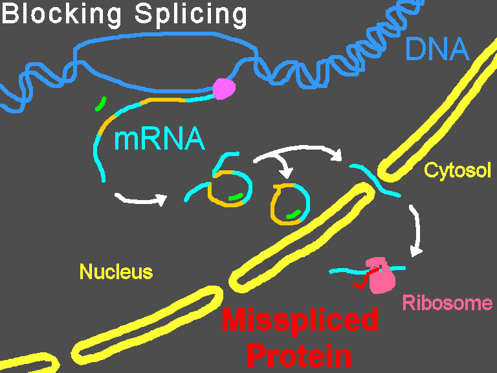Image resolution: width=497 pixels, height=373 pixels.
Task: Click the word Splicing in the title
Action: click(191, 15)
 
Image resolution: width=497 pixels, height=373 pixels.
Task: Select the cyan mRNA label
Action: click(159, 139)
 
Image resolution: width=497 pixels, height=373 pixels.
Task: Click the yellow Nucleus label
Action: click(116, 271)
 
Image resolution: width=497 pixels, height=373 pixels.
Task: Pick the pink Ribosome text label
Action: click(448, 303)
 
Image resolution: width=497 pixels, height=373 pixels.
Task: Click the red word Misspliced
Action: click(300, 320)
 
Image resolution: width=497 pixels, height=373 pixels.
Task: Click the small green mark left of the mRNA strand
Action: click(100, 103)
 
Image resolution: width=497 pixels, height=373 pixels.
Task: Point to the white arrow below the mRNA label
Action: click(140, 198)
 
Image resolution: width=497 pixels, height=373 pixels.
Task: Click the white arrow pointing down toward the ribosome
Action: click(415, 231)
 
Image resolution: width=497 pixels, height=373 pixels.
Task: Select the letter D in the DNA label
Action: click(415, 49)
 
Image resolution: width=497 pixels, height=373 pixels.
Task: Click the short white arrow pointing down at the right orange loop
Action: click(284, 170)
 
